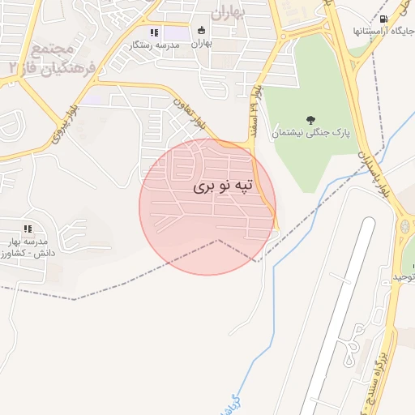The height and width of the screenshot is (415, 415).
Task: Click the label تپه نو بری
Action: [223, 186]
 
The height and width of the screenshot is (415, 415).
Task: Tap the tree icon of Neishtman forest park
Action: [311, 119]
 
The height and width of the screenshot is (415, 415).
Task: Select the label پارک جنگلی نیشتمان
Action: [311, 132]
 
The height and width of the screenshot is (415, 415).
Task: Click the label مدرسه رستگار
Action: [154, 45]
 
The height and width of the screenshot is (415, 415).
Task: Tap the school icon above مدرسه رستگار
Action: [154, 33]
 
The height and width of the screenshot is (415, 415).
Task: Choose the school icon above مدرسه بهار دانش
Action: [28, 229]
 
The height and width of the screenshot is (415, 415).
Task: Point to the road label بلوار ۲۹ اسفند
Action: [256, 105]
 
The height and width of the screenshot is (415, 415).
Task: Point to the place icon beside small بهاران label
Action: [202, 32]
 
